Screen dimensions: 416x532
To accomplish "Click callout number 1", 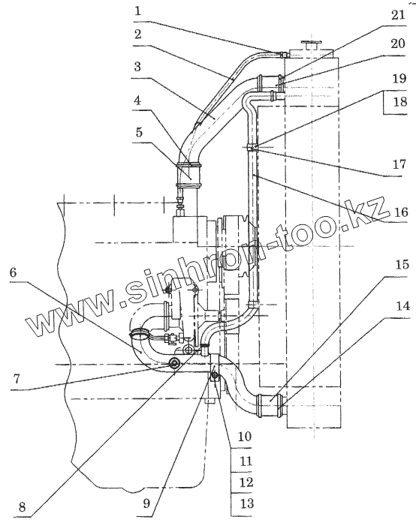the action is click(137, 11).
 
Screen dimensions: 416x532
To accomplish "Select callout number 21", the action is click(398, 16).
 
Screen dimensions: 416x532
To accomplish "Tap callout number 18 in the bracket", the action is click(399, 102).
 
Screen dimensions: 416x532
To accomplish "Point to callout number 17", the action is click(399, 164).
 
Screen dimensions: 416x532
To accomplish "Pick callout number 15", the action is click(402, 265).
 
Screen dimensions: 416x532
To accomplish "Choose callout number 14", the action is click(402, 306).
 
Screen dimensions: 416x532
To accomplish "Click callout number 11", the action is click(246, 461).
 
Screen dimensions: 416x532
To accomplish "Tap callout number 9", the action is click(146, 503).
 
